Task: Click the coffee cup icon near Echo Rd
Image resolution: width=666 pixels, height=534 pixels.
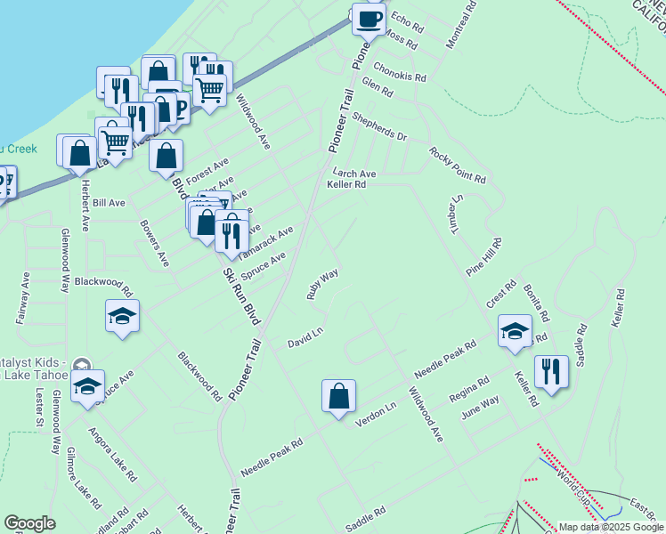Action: pyautogui.click(x=369, y=19)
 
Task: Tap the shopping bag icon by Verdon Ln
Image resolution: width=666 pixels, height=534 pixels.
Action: pyautogui.click(x=339, y=396)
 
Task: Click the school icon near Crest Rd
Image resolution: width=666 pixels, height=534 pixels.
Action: pyautogui.click(x=515, y=331)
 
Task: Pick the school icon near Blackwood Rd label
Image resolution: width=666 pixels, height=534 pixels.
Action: pyautogui.click(x=123, y=316)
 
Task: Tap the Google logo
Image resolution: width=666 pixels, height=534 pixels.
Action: pyautogui.click(x=29, y=523)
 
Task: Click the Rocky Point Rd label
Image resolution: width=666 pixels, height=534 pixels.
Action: pyautogui.click(x=457, y=166)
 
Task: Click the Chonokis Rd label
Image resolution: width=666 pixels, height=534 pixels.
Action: pyautogui.click(x=400, y=71)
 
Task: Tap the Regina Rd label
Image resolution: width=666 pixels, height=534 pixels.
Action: pyautogui.click(x=469, y=389)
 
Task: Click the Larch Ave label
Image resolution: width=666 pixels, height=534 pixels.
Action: pyautogui.click(x=354, y=174)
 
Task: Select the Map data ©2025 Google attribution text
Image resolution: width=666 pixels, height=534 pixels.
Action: pyautogui.click(x=612, y=526)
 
